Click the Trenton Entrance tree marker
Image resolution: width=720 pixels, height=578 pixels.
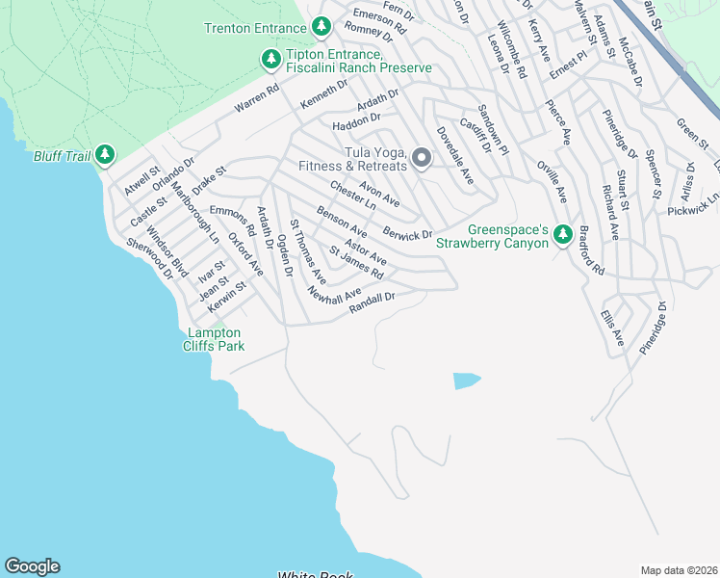coord(321,28)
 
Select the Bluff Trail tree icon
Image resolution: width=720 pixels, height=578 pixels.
coord(104,154)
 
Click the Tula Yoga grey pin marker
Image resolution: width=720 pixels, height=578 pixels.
coord(421,158)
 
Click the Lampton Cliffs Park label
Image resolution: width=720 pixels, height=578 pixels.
coord(215,339)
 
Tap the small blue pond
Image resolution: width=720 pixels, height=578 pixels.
coord(466,381)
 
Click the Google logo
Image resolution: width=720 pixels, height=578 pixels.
coord(32,566)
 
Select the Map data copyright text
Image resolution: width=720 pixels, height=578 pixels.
coord(680,570)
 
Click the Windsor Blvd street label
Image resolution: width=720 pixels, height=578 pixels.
coord(167,251)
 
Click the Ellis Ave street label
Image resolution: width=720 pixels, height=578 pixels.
coord(612,328)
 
